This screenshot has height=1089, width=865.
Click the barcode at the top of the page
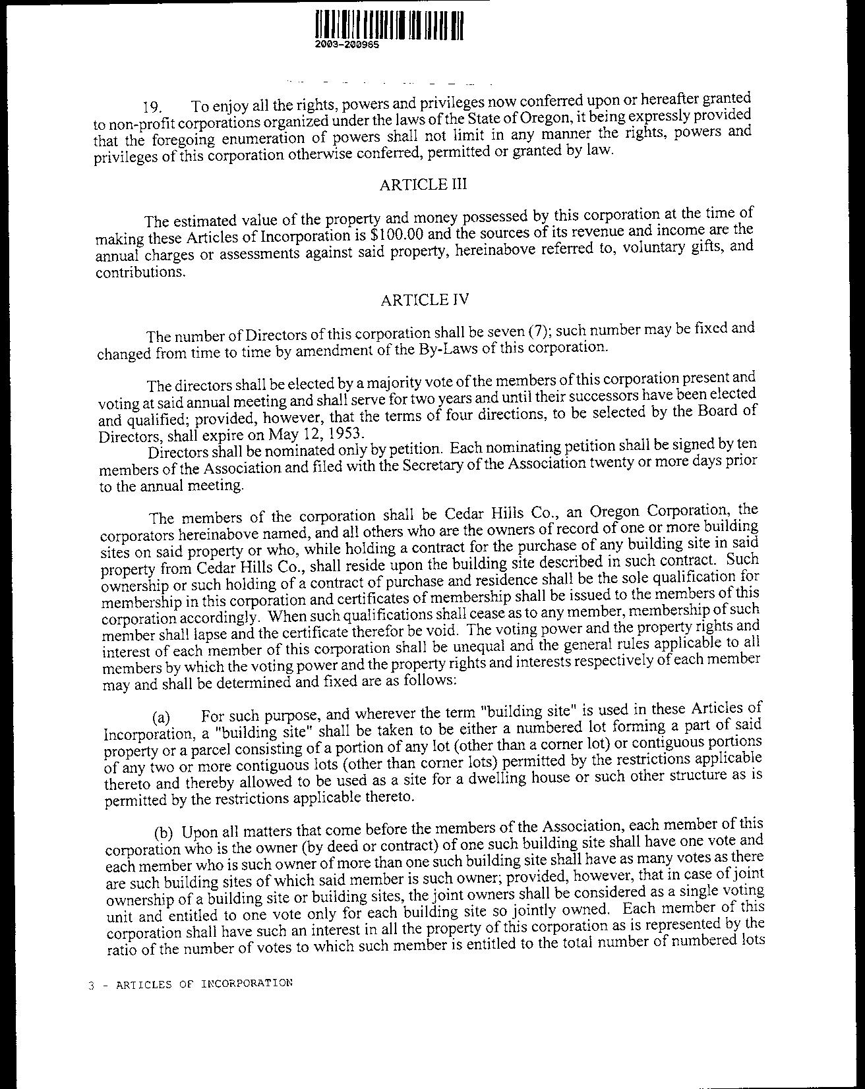coord(389,26)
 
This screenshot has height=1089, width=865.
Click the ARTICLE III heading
coord(423,184)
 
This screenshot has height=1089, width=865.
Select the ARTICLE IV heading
coord(425,300)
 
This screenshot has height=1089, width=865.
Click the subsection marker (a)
coord(162,717)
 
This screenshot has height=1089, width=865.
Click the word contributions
coord(138,272)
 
